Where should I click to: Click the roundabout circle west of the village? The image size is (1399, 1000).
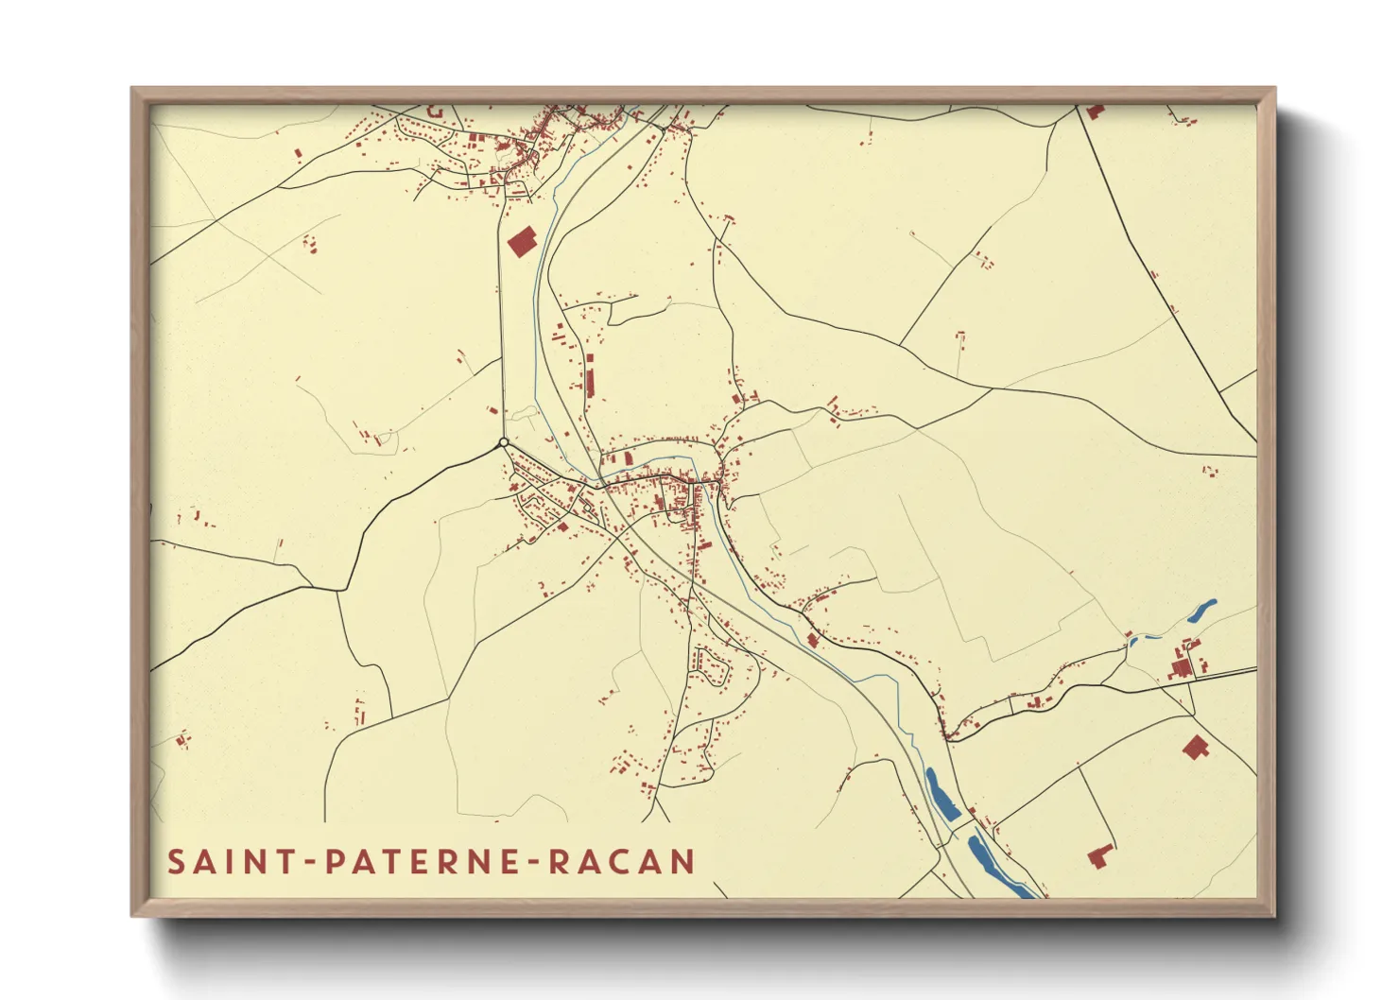504,442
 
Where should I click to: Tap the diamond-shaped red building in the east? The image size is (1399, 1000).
1195,747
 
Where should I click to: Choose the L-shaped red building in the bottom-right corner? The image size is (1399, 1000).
1098,856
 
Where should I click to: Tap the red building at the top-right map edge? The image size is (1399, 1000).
1095,112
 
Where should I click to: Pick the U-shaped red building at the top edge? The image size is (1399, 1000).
435,112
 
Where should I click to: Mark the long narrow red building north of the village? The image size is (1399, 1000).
591,376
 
